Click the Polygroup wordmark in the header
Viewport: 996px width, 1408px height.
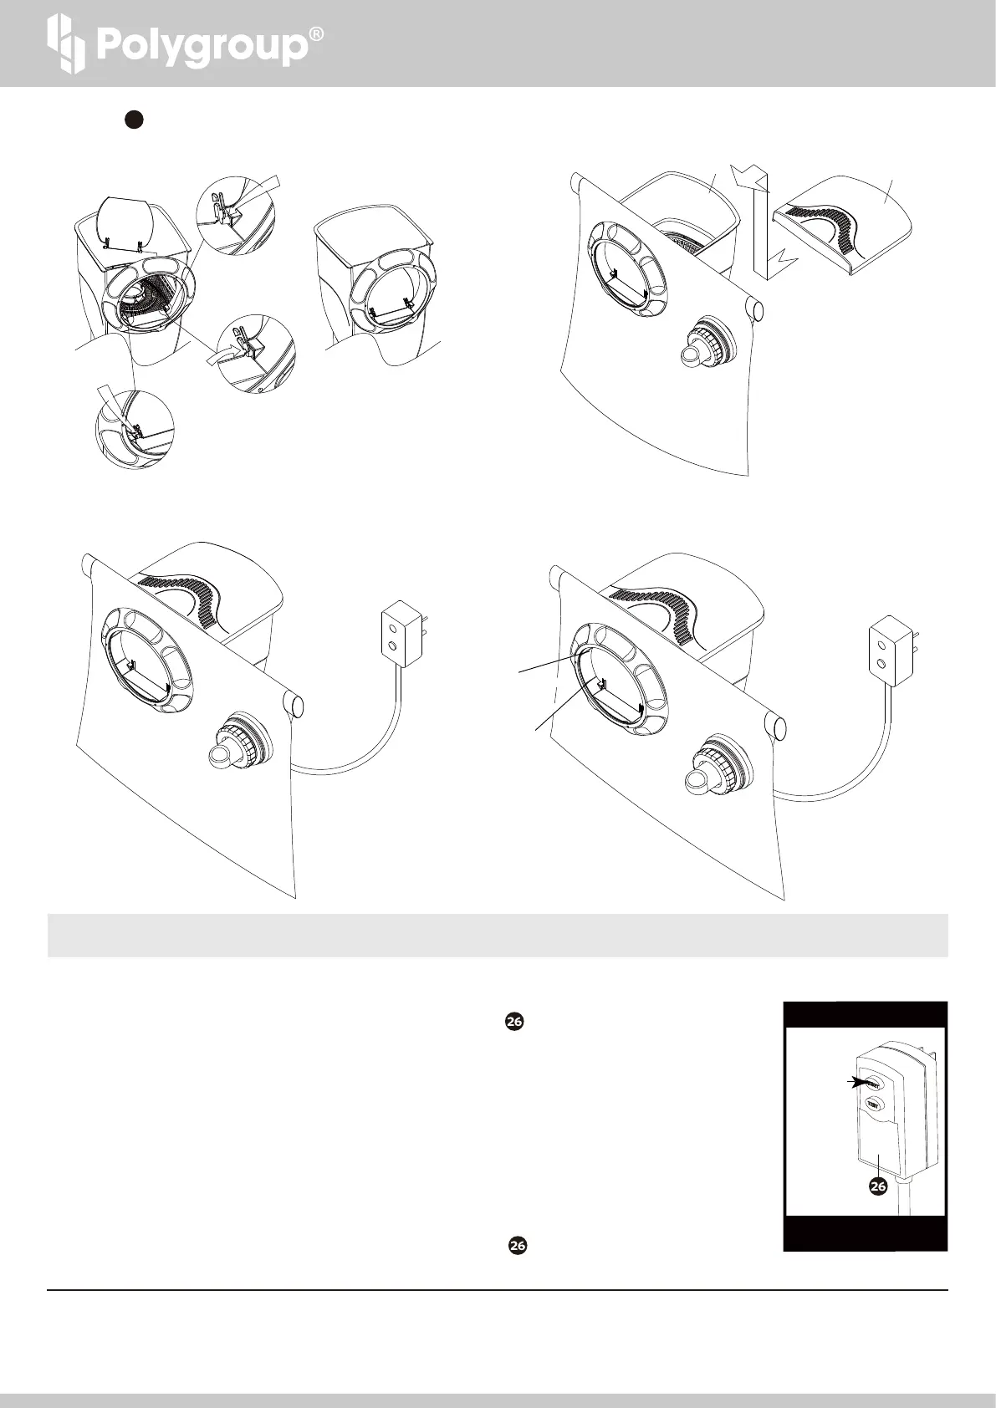[201, 47]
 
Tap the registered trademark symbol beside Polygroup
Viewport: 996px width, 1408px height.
[316, 35]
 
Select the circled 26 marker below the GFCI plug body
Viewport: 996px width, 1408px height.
[877, 1186]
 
